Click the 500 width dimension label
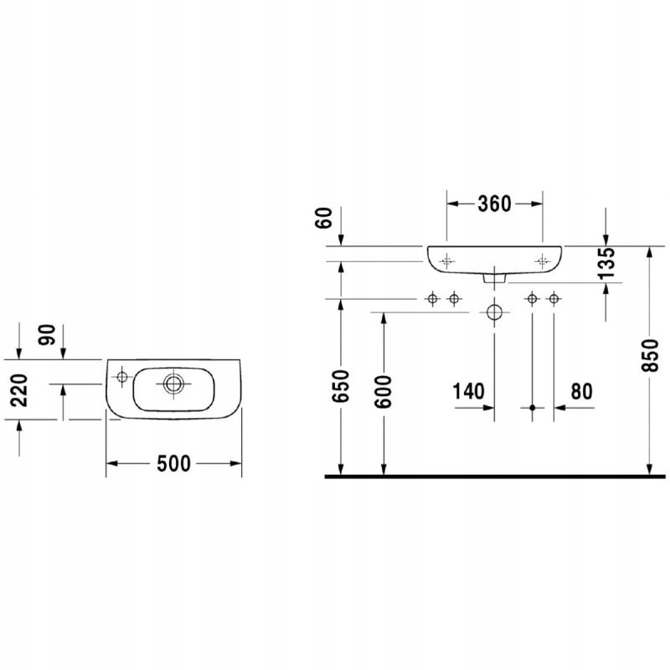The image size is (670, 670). [173, 463]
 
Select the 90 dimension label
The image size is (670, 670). [48, 335]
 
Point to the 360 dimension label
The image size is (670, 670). [494, 204]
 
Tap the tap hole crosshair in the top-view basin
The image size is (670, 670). [122, 377]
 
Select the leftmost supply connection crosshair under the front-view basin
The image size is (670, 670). [433, 299]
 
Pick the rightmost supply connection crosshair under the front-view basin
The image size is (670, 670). [554, 299]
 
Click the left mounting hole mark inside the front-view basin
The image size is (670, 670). [446, 260]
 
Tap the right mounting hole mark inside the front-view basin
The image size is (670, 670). [543, 260]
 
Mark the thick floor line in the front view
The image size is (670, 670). [494, 476]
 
